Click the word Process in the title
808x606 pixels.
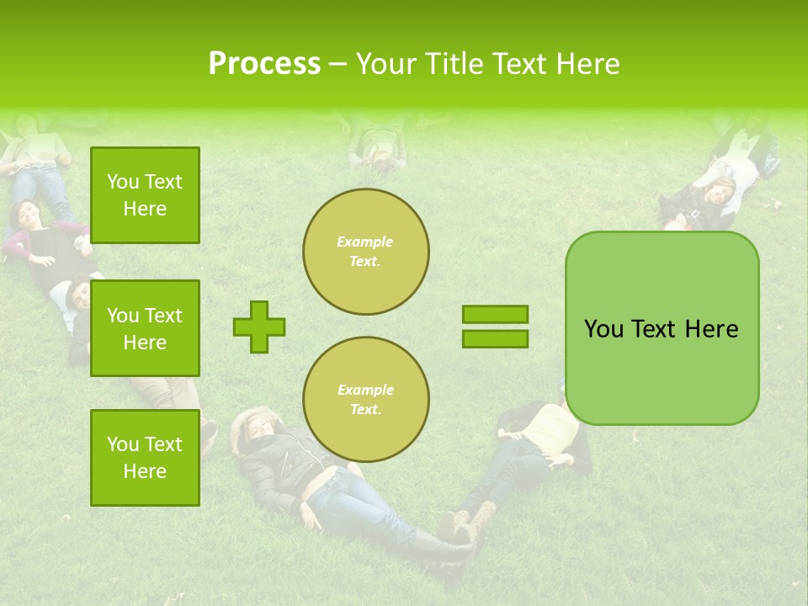(264, 64)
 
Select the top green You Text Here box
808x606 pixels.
(145, 195)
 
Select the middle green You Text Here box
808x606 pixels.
(145, 328)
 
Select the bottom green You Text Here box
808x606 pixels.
(145, 458)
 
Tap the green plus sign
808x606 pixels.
(259, 327)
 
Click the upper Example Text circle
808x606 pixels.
(365, 252)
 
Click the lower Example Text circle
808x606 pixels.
(365, 400)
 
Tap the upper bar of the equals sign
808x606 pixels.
(495, 314)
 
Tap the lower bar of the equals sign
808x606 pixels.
(495, 338)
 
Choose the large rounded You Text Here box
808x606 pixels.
(662, 328)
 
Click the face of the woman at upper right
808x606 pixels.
(720, 191)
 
